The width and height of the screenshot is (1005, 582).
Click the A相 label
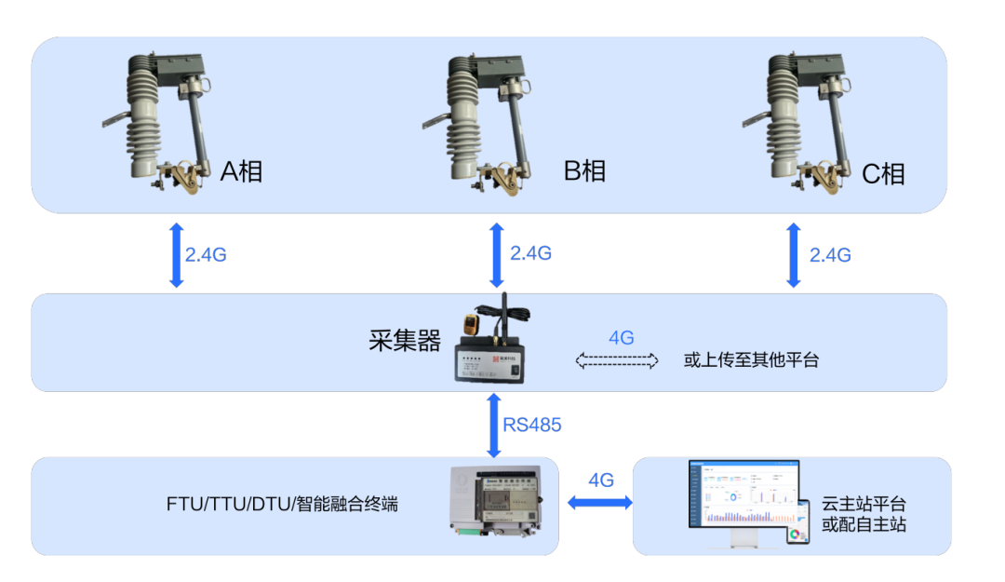241,171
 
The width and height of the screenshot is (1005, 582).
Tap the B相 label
584,171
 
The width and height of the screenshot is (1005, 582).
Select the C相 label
883,173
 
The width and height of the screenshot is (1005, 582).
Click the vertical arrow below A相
175,254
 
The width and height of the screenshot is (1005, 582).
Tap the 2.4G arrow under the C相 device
793,254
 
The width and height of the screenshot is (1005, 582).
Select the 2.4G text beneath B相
531,253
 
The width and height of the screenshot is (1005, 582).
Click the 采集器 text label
405,341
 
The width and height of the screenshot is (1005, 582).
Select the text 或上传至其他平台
751,360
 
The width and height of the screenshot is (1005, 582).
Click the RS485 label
532,425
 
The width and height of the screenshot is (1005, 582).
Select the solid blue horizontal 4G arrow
600,503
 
